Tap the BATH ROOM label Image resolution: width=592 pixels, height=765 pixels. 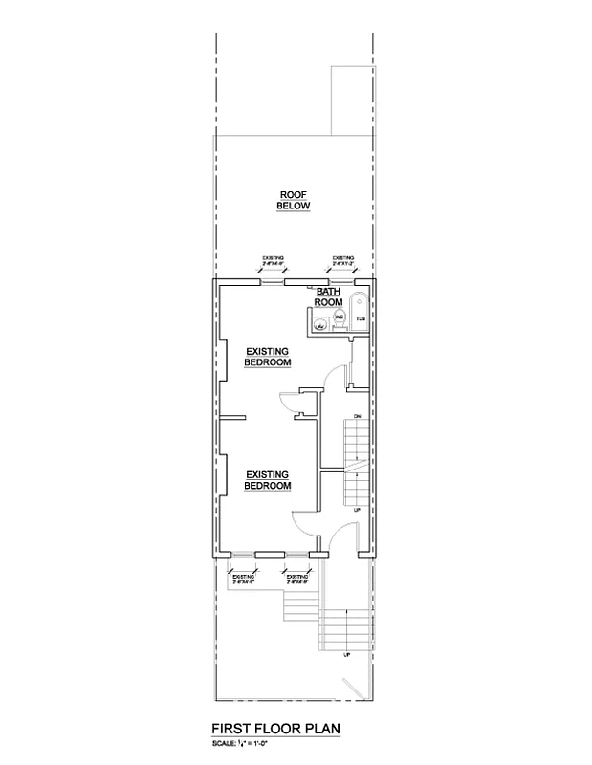329,296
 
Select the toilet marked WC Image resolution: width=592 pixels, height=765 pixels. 339,317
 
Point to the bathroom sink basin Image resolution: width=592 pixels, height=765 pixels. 322,325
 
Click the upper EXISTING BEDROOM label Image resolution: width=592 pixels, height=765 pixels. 267,356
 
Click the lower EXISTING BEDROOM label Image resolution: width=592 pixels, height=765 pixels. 268,480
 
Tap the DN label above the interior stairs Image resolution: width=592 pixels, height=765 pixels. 357,417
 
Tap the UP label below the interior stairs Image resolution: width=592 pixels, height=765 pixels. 357,510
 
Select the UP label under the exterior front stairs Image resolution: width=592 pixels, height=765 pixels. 346,655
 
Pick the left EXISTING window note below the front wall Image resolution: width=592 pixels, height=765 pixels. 242,578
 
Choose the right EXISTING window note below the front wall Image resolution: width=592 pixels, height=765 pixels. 297,578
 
